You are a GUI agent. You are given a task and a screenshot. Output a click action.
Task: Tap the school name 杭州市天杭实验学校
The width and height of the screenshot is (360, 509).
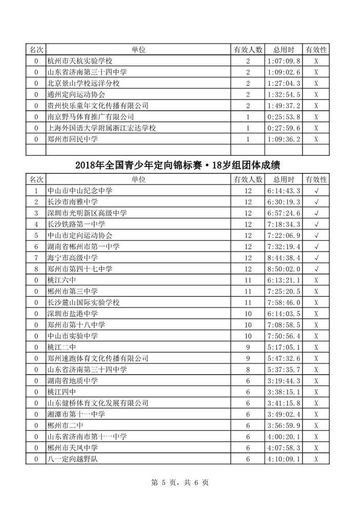pyautogui.click(x=79, y=61)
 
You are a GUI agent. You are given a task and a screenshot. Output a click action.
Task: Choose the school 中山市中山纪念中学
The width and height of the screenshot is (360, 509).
pyautogui.click(x=79, y=191)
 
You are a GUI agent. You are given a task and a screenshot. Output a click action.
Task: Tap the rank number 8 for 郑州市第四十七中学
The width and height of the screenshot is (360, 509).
pyautogui.click(x=36, y=269)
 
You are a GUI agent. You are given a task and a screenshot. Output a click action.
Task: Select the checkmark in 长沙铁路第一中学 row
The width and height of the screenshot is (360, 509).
pyautogui.click(x=316, y=224)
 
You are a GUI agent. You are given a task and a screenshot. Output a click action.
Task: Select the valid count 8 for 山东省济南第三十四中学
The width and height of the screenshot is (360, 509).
pyautogui.click(x=248, y=370)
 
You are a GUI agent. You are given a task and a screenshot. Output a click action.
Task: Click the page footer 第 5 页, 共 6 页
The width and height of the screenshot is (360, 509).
pyautogui.click(x=179, y=482)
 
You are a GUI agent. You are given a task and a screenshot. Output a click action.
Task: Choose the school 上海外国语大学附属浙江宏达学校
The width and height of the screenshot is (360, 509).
pyautogui.click(x=101, y=128)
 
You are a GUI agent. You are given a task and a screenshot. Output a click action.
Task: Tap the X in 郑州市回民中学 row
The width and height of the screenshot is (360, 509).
pyautogui.click(x=316, y=139)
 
